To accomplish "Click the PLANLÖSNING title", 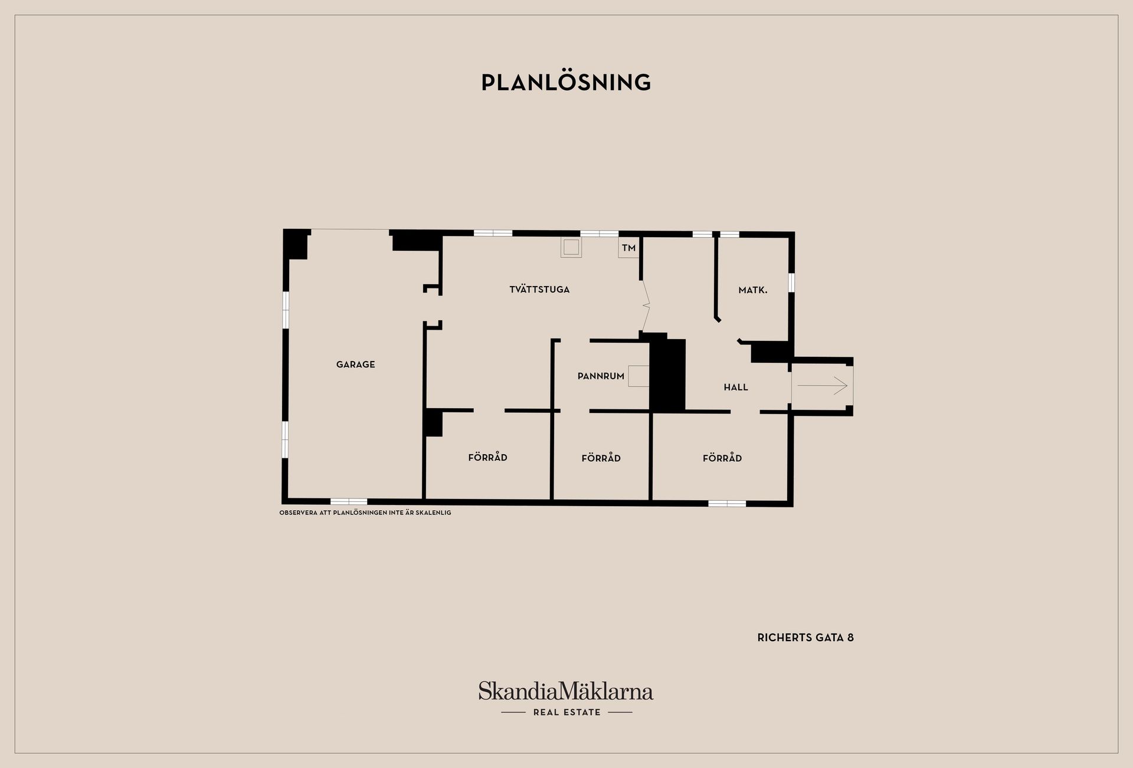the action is tap(566, 82).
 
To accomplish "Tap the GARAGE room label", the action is tap(356, 365).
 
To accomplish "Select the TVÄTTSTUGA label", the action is tap(539, 290).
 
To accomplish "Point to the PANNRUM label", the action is tap(601, 376).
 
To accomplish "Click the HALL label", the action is tap(736, 388).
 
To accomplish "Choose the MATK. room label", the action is tap(753, 290).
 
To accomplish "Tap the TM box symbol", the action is tap(629, 248).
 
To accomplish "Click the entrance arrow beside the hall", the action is tap(823, 386).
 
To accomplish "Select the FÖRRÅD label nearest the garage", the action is tap(488, 457).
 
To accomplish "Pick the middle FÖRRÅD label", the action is tap(601, 458).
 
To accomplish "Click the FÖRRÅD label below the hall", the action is tap(722, 458).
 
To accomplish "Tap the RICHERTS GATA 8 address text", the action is tap(805, 638).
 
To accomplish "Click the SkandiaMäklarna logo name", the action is tap(566, 691).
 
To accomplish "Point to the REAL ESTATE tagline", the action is tap(566, 713).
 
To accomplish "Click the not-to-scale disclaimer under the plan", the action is tap(365, 513).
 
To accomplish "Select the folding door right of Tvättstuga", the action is tap(645, 306).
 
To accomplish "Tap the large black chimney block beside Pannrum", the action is tap(667, 375).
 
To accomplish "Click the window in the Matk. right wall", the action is tap(791, 283).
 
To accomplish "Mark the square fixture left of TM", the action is tap(571, 247).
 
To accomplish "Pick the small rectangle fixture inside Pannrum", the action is tap(639, 376).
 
